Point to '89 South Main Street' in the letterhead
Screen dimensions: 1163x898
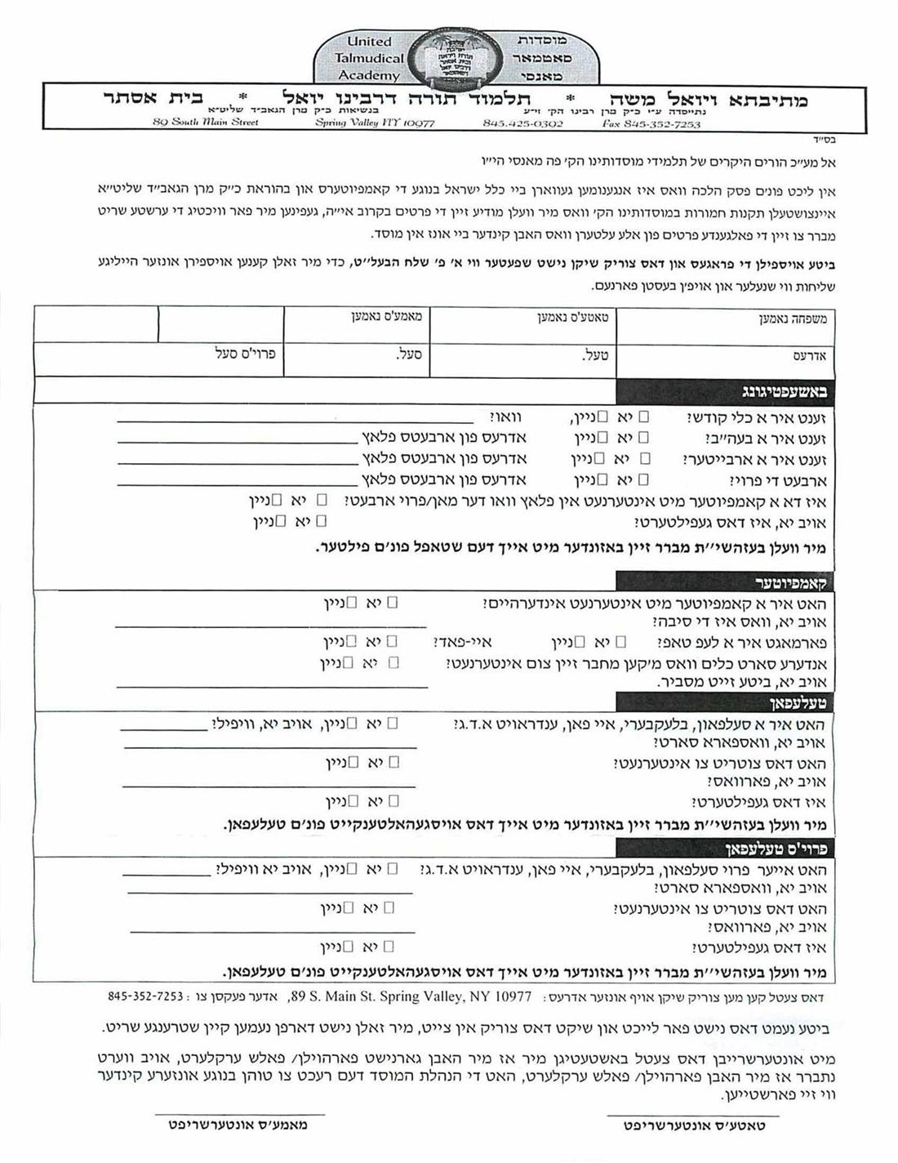click(x=205, y=123)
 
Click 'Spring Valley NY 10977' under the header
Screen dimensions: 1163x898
click(x=375, y=123)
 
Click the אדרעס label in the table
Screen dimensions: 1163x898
click(x=810, y=357)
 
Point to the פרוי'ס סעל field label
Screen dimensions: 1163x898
click(x=246, y=354)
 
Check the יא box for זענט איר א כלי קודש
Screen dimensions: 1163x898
click(x=644, y=417)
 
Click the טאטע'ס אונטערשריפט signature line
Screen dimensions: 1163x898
click(x=692, y=1114)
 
